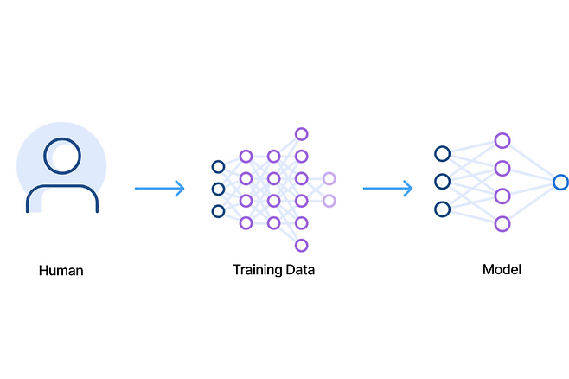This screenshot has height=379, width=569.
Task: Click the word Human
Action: [x=61, y=270]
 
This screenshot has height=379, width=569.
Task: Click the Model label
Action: [x=502, y=270]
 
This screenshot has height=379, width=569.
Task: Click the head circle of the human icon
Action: [x=62, y=154]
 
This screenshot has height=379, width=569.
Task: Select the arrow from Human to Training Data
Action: [x=160, y=189]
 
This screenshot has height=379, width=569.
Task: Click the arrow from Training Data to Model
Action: [x=387, y=189]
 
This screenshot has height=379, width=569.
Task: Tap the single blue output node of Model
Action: [x=560, y=182]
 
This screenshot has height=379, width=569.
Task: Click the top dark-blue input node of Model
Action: [x=442, y=154]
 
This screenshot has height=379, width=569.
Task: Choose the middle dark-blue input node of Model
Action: [x=442, y=182]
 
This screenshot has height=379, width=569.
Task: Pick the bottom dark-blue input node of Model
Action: [x=442, y=209]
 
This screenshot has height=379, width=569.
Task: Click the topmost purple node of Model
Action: [x=502, y=140]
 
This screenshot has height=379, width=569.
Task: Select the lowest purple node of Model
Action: [x=502, y=224]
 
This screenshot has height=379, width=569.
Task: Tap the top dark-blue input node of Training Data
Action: [x=218, y=167]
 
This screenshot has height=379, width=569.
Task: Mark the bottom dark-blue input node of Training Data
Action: [x=218, y=211]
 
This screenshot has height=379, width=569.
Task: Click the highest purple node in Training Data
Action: [x=301, y=134]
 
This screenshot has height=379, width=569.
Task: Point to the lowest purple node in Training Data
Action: [x=301, y=245]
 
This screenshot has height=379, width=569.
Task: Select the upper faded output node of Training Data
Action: [x=329, y=179]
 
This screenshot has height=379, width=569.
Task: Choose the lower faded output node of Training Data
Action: [x=329, y=201]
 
